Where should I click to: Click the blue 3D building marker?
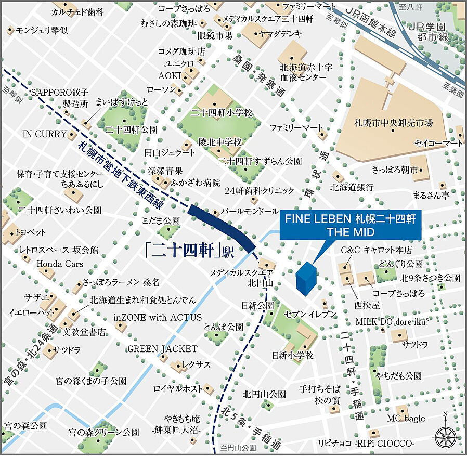pos(305,279)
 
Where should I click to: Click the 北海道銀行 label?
pos(352,187)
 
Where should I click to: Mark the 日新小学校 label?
pos(292,356)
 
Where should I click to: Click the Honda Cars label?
pos(60,264)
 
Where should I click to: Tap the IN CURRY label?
pos(45,134)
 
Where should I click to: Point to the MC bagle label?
pos(406,418)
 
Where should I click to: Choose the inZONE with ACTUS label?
pos(158,317)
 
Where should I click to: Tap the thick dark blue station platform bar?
pos(221,226)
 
